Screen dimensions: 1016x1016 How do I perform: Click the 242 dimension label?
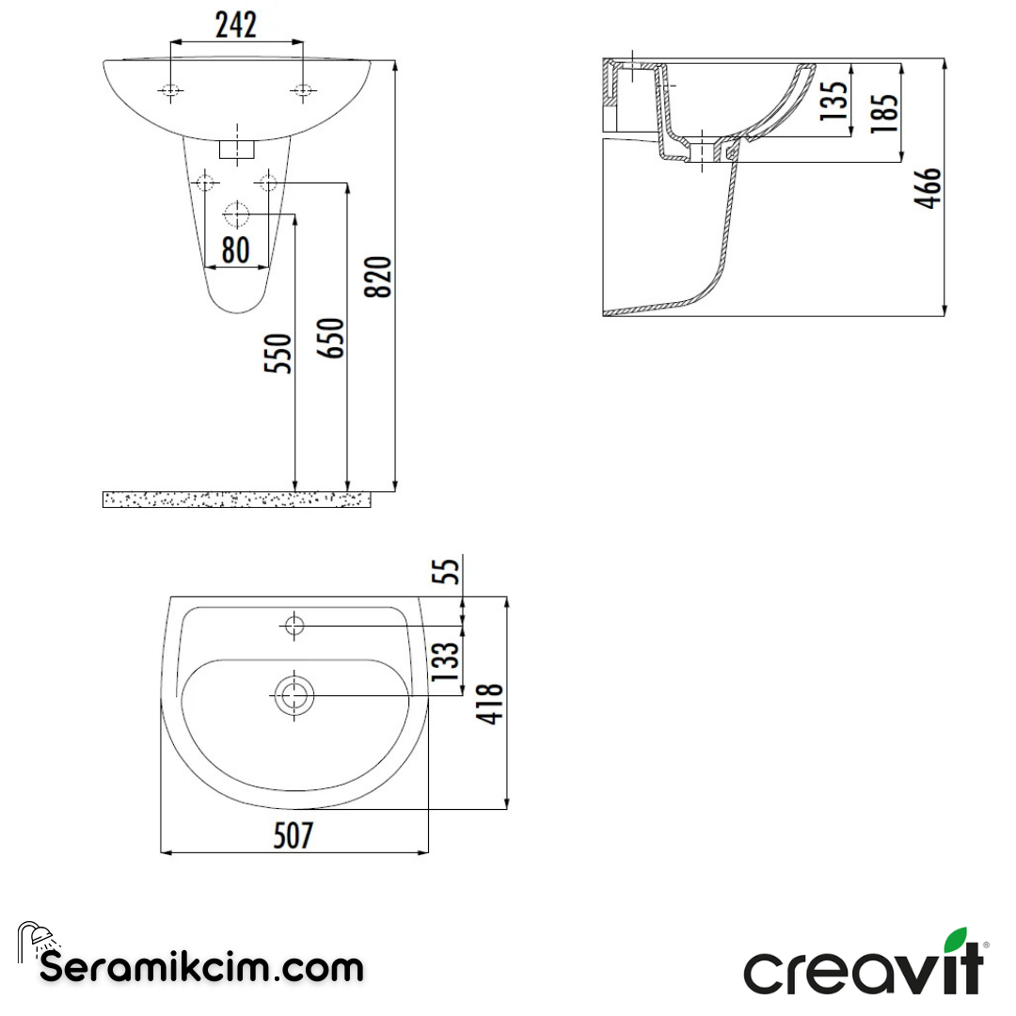pos(235,25)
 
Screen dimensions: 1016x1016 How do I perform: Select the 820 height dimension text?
pos(380,276)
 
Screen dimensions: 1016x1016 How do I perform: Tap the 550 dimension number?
pos(279,353)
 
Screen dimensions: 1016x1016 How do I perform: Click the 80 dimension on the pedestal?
pos(235,249)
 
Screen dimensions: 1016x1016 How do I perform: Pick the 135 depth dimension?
pos(833,100)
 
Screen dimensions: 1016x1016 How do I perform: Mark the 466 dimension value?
pos(928,188)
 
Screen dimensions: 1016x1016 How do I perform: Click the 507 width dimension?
pos(293,835)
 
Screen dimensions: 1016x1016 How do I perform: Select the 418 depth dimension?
pos(491,703)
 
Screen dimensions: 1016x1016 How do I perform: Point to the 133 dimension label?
pos(449,660)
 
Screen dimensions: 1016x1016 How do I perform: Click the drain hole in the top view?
pos(294,697)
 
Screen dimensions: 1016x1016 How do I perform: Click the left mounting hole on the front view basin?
pos(170,90)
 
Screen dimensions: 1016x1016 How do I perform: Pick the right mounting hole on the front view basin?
pos(303,90)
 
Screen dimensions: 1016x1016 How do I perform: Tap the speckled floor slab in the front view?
pos(235,500)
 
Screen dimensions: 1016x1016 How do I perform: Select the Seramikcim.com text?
pos(201,967)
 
